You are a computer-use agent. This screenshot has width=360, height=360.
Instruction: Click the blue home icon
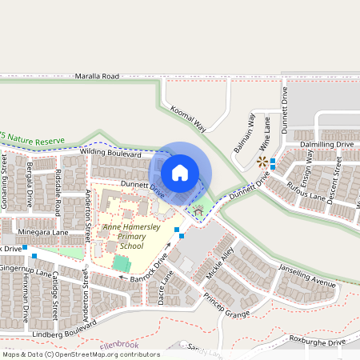[180, 172]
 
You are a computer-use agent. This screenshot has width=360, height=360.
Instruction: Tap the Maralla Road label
[97, 76]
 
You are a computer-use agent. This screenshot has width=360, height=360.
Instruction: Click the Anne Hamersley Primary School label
[125, 237]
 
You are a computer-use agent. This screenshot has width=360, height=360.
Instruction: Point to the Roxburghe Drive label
[318, 341]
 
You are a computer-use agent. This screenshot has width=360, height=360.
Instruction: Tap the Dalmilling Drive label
[326, 144]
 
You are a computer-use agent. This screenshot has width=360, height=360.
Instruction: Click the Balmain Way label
[243, 135]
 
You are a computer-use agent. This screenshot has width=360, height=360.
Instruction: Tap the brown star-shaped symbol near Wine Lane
[262, 162]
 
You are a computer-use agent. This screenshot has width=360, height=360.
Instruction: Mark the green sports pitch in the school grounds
[121, 263]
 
